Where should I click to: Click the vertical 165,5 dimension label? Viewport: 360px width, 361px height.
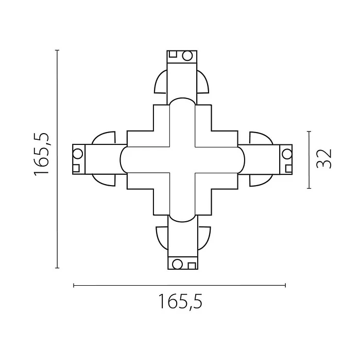coord(41,154)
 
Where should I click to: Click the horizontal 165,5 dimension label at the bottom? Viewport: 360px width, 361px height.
coord(180,301)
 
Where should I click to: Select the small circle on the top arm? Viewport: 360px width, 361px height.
coord(187,55)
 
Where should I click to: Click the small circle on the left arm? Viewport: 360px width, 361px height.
coord(78,153)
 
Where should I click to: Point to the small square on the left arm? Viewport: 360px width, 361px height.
coord(76,167)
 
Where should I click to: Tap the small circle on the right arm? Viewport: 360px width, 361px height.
coord(286,153)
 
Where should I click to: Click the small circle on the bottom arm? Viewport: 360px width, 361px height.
coord(177,264)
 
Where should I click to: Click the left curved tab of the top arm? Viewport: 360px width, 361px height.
coord(161,83)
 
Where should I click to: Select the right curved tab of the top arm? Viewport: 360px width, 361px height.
coord(202,83)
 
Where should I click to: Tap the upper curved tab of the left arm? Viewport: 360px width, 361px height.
coord(105,138)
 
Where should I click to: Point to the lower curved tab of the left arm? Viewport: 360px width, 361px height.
coord(105,179)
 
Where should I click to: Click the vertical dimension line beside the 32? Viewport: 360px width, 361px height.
coord(309,160)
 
